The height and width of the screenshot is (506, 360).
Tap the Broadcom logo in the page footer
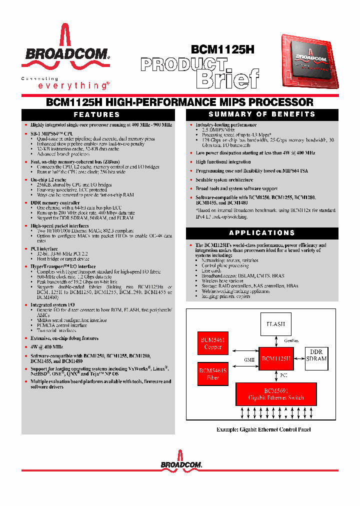(181, 461)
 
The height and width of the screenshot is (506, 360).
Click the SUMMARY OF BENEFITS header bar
(262, 114)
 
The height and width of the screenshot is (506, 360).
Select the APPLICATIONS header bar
(262, 232)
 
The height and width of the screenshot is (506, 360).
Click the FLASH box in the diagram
(275, 324)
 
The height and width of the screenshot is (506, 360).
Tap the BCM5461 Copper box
(213, 343)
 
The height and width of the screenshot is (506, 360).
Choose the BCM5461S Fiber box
(213, 374)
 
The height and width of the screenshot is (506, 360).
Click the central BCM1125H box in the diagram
(275, 358)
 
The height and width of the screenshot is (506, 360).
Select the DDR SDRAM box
(316, 355)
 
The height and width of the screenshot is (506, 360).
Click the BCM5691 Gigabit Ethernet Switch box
(276, 394)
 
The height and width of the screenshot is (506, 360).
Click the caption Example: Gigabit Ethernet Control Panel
(263, 429)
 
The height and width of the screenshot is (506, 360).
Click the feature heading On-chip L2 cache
(48, 179)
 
